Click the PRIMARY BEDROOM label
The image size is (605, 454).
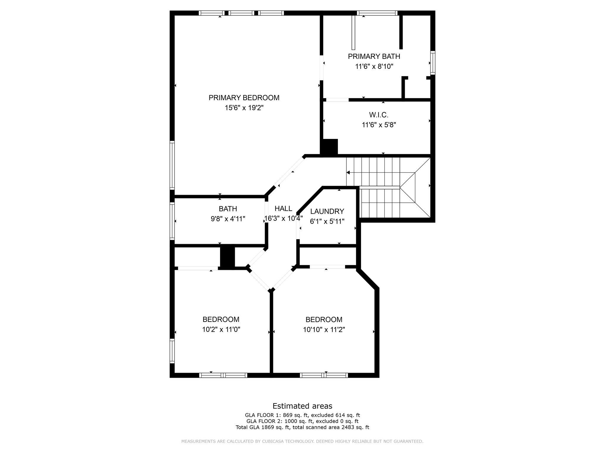[244, 98]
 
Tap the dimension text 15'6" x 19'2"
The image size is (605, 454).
[244, 108]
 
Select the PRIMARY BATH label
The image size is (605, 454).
[374, 56]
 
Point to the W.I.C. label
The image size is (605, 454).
[378, 115]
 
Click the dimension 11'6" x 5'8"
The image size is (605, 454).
[378, 125]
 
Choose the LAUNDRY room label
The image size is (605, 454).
[327, 211]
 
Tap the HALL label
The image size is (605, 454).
[283, 209]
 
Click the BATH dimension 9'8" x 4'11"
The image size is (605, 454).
[228, 219]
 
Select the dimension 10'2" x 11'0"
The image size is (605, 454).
[221, 330]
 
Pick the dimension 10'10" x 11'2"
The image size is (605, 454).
[324, 330]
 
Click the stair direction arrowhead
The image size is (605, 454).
[348, 173]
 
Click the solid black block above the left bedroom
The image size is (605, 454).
[227, 257]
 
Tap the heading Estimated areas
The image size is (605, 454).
[302, 406]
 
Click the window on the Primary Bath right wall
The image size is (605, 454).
[432, 63]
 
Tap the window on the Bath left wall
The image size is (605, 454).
[172, 221]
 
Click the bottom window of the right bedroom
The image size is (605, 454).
[324, 375]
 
